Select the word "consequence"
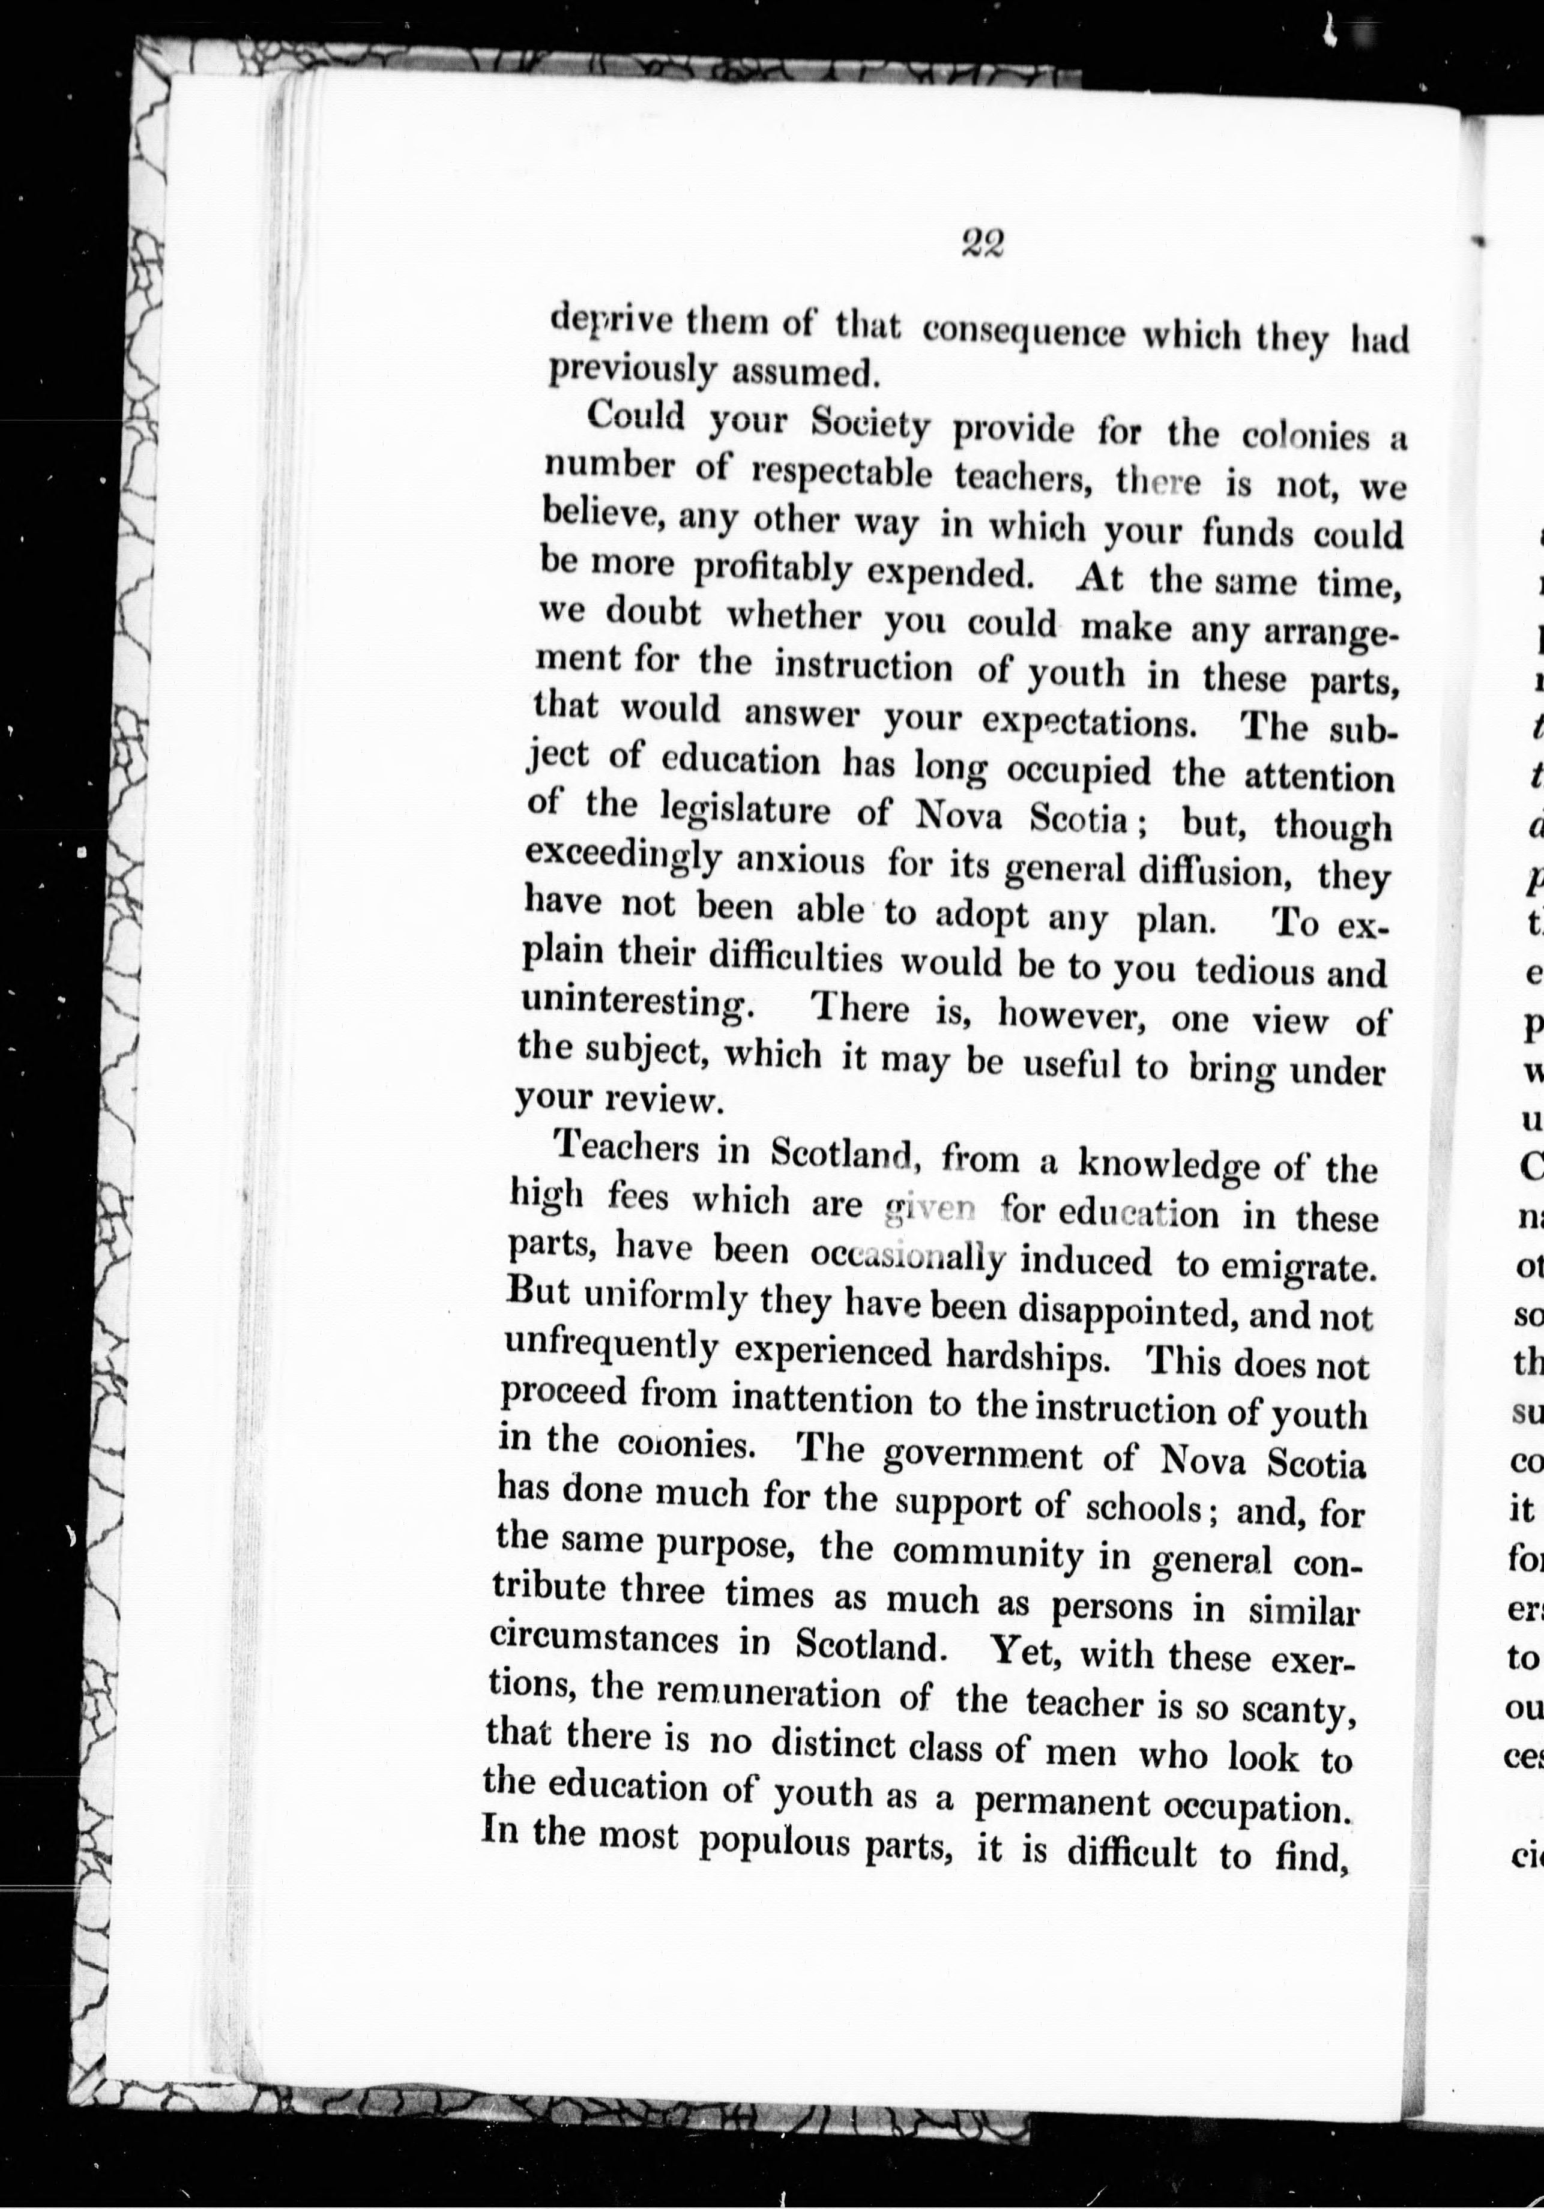point(1024,334)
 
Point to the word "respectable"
point(842,474)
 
